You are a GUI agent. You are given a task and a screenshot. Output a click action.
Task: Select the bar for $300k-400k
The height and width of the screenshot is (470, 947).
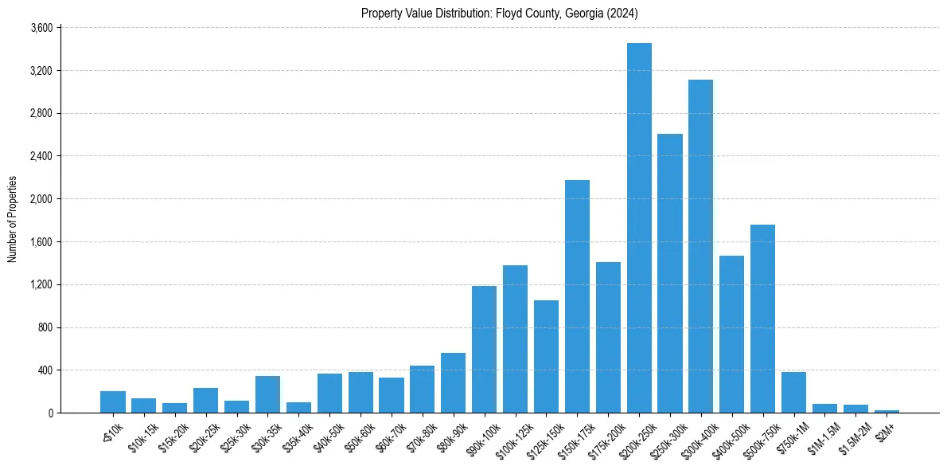coord(701,246)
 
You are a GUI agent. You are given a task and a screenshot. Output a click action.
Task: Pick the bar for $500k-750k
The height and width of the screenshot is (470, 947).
coord(762,319)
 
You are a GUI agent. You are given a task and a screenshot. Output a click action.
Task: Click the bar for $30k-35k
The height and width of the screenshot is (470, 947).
coord(267,394)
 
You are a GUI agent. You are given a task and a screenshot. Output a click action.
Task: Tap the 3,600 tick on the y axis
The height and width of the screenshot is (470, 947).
coord(41,28)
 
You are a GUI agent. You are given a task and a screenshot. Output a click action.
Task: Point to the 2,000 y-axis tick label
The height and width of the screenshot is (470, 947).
coord(41,199)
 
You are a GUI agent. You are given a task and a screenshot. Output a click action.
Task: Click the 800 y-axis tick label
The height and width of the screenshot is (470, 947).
coord(45,327)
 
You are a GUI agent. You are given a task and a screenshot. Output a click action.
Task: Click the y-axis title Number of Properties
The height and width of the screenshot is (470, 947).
coord(12,219)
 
